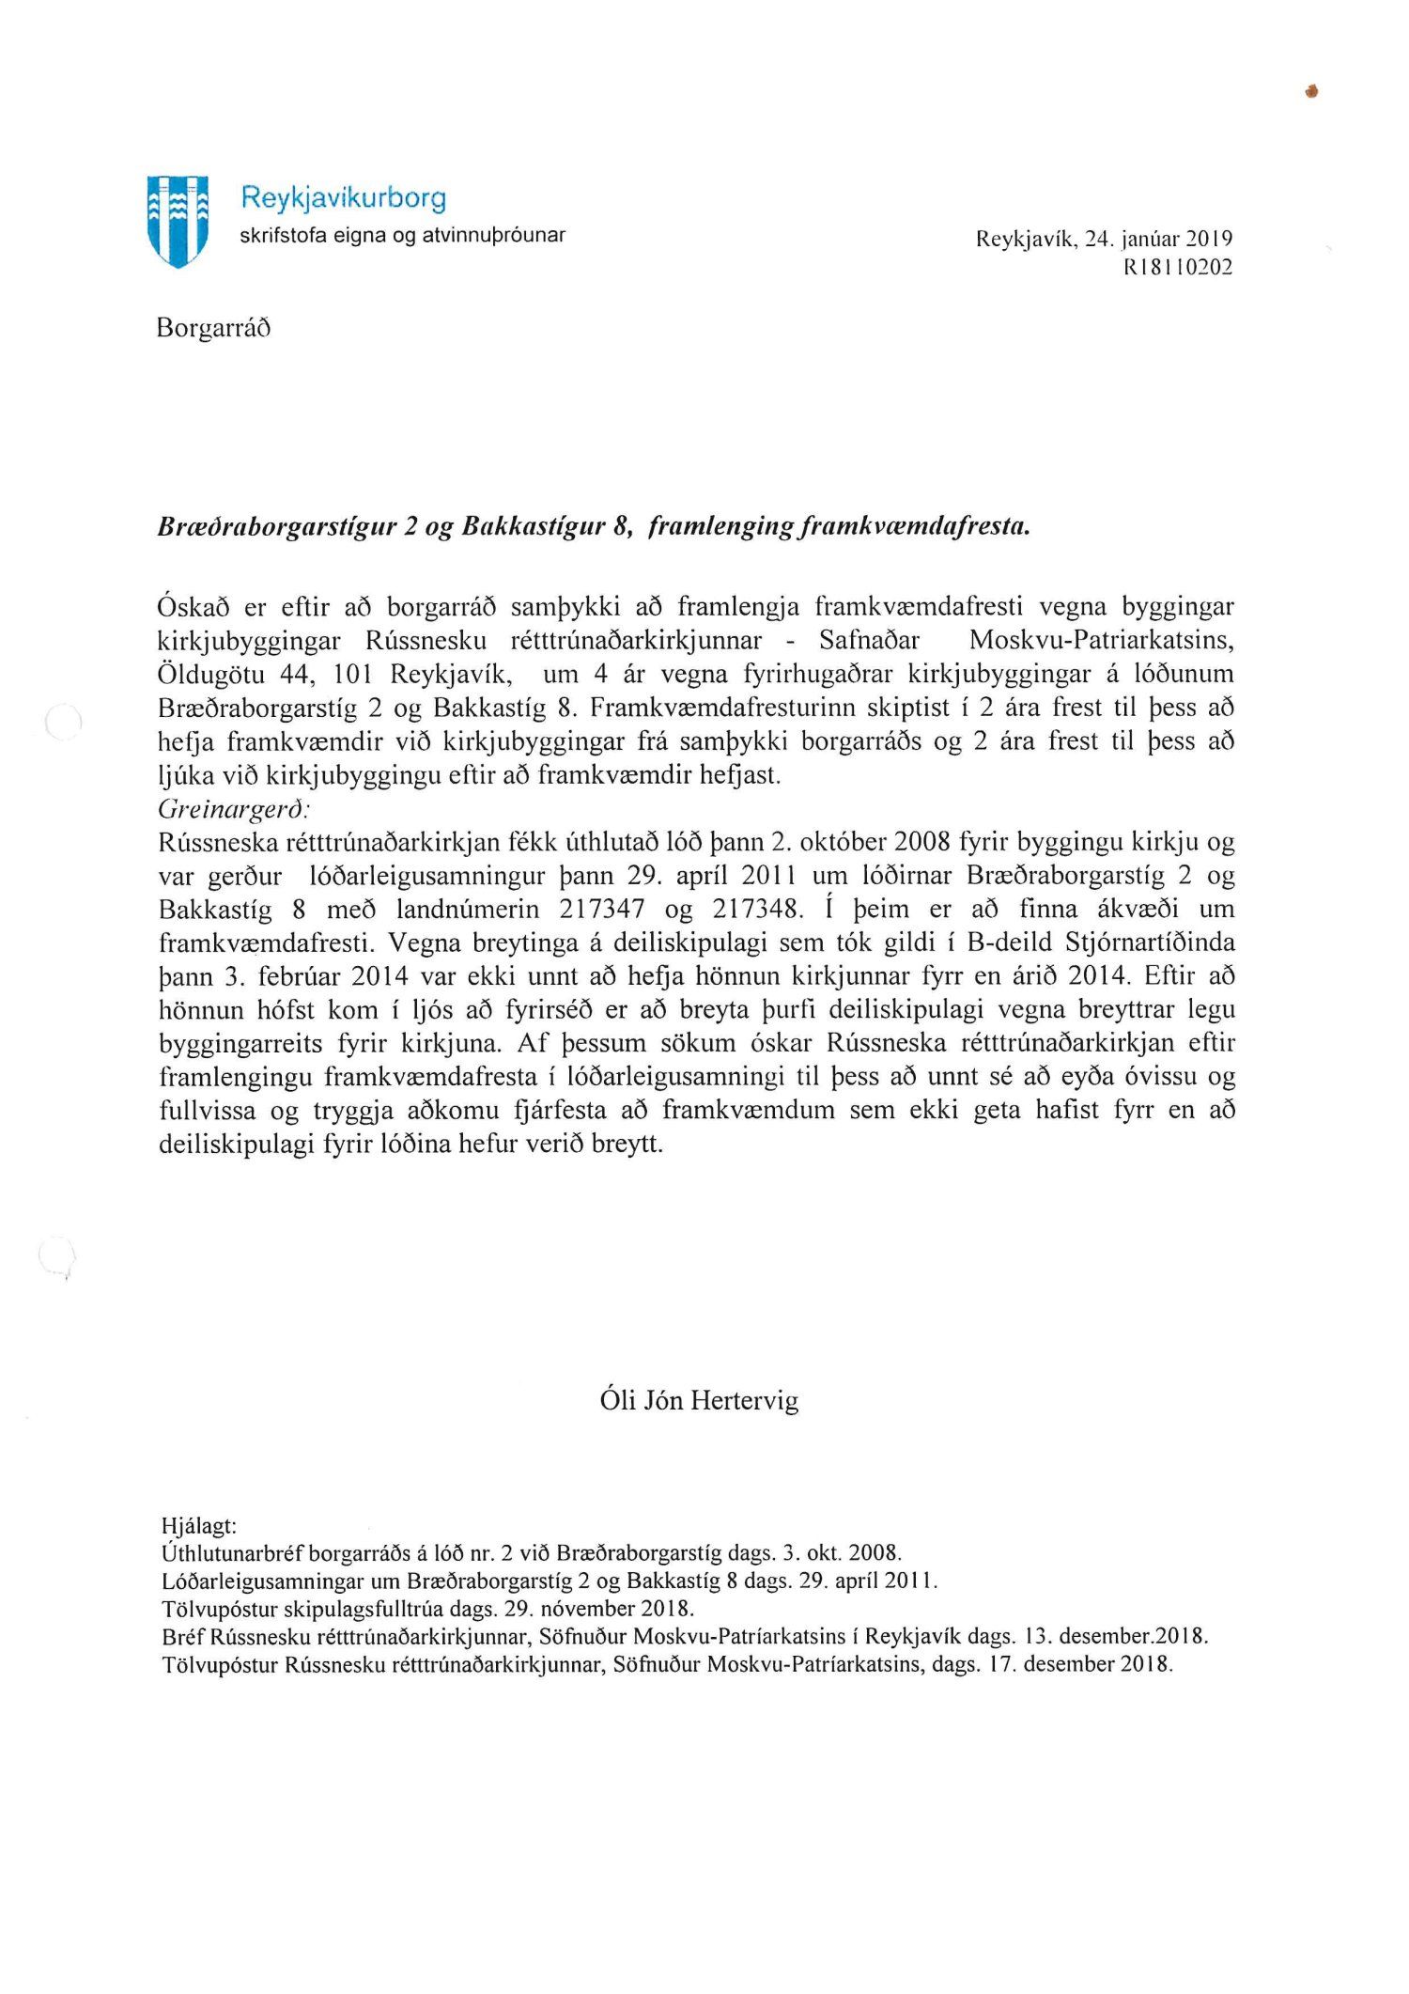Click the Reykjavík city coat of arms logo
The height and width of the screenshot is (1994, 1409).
point(178,221)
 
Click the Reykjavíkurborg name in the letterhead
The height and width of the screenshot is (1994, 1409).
point(343,197)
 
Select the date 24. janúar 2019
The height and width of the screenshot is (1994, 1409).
point(1157,239)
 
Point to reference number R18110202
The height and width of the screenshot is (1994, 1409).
point(1178,267)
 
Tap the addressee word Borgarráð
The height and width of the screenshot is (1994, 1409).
point(213,328)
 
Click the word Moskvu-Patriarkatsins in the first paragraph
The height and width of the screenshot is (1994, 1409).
point(1101,641)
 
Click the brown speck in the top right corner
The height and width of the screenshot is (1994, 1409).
point(1312,91)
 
